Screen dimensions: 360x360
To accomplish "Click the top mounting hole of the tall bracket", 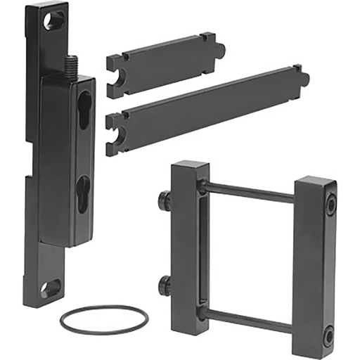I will [x=53, y=20].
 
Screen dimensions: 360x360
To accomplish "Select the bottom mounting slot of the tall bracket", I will [x=51, y=288].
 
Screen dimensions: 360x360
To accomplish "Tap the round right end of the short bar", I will [x=219, y=49].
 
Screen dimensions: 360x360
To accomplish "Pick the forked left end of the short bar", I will [x=114, y=77].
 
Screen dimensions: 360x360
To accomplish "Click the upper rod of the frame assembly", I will [x=250, y=191].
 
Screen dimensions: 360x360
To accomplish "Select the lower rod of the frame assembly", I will [x=250, y=318].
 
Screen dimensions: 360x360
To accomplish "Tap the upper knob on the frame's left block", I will [x=163, y=200].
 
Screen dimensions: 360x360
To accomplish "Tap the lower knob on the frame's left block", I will [x=163, y=285].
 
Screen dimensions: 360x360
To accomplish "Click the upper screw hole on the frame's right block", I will [x=330, y=204].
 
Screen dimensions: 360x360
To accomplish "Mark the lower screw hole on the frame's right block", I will [x=328, y=335].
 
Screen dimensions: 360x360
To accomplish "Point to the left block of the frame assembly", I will [x=189, y=246].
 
